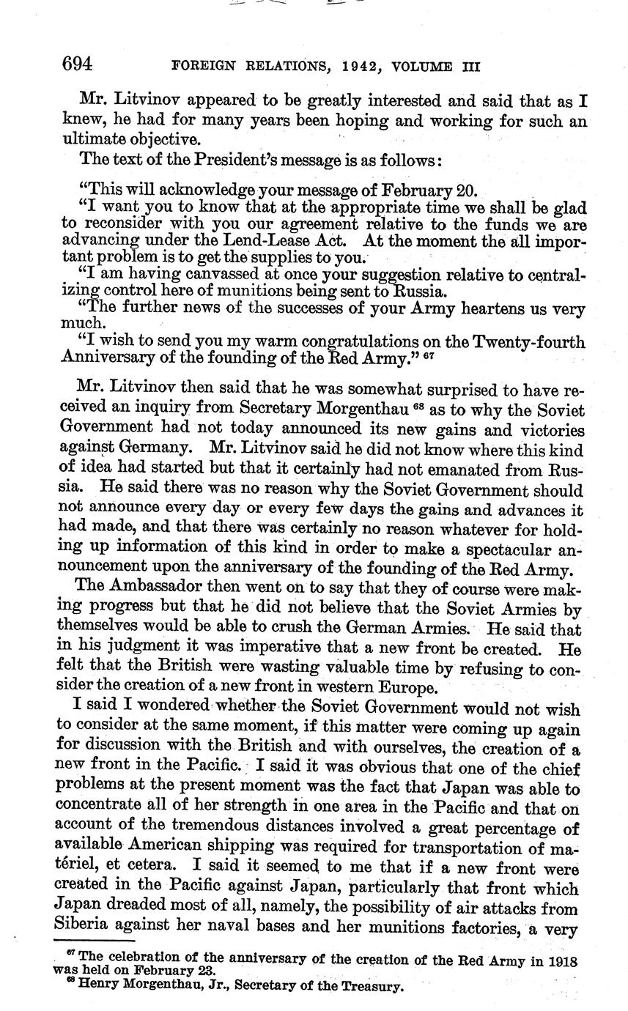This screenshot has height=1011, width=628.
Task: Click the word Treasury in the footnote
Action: (x=372, y=986)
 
